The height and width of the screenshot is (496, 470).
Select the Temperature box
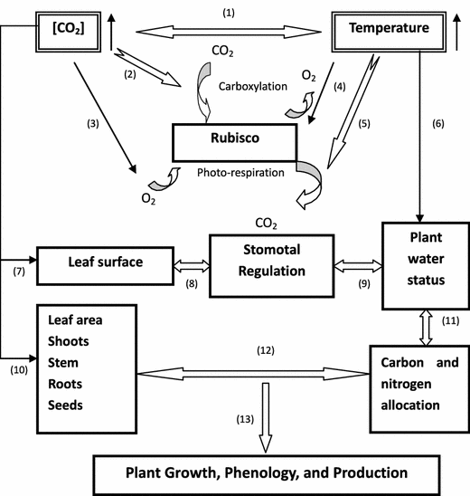[389, 29]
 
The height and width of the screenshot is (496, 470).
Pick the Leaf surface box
[103, 263]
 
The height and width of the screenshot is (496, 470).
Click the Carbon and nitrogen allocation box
[414, 376]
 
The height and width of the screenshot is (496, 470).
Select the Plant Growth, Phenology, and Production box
[266, 472]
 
